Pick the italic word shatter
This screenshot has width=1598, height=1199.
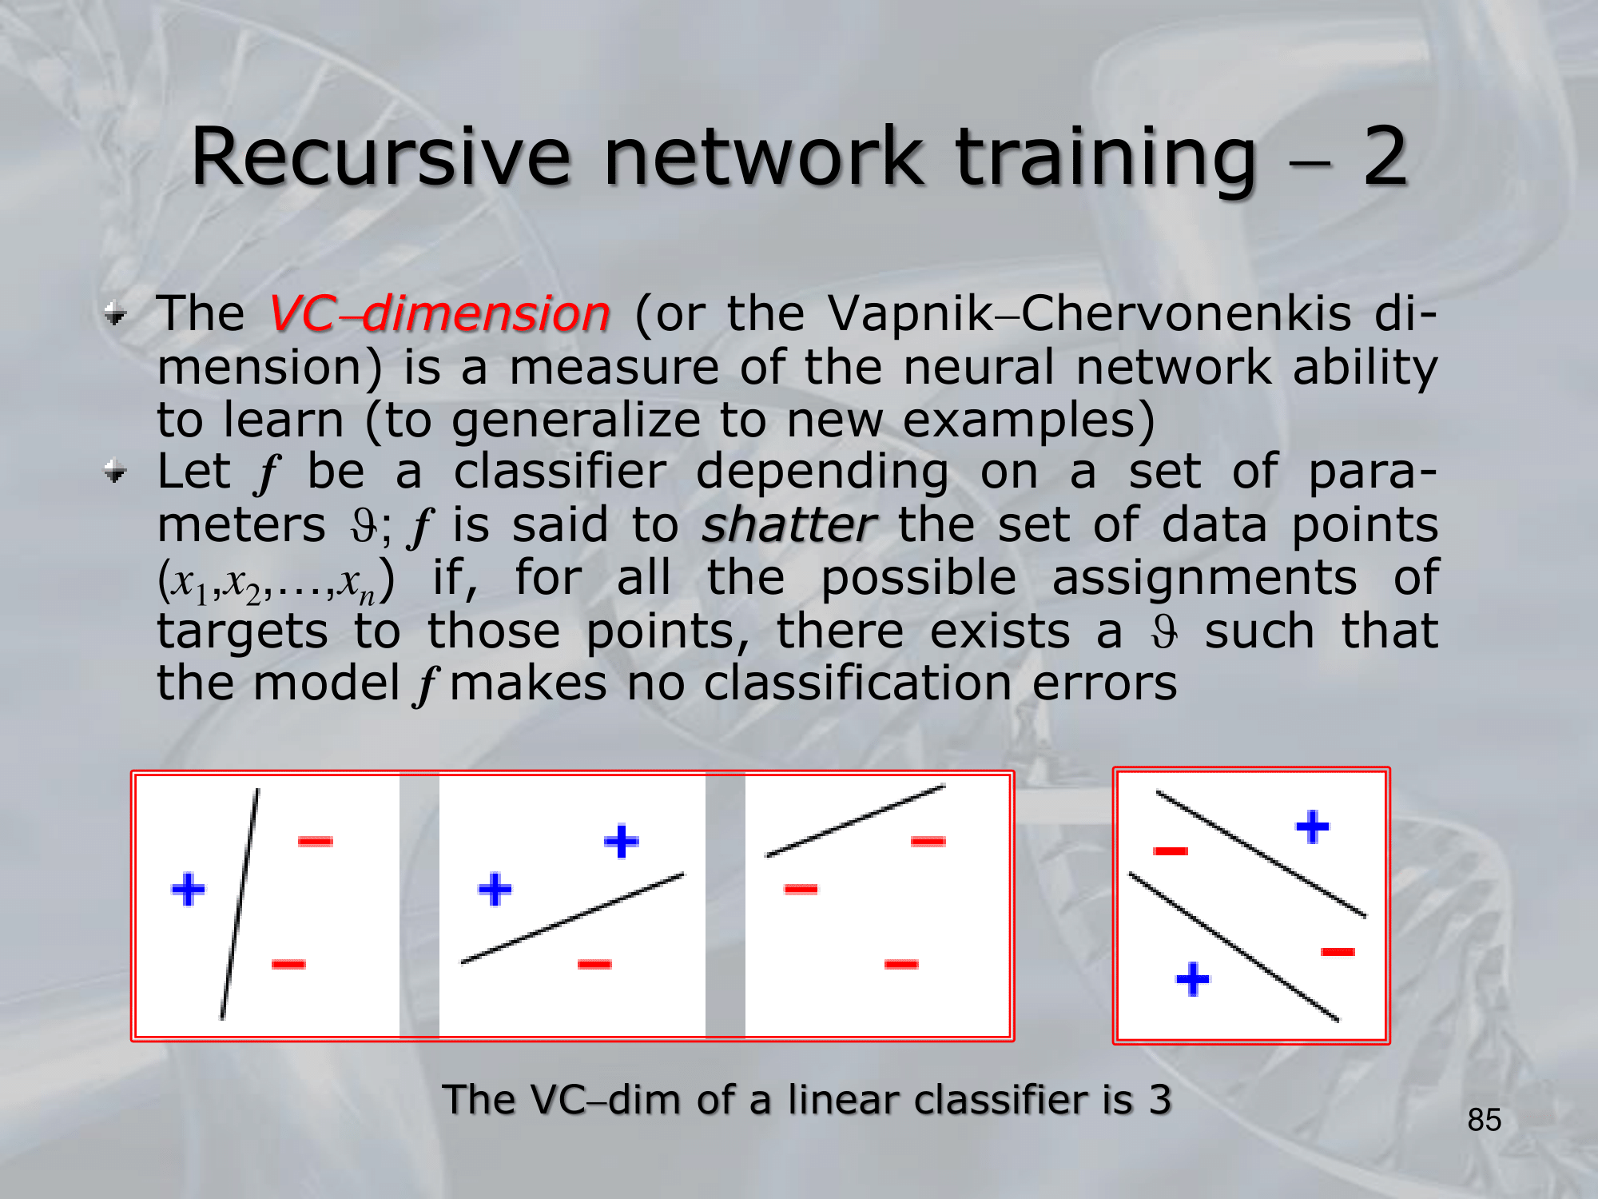tap(789, 525)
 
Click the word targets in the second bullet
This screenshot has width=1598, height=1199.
tap(242, 632)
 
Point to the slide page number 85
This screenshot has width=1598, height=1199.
tap(1485, 1120)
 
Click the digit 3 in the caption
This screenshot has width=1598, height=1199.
tap(1160, 1100)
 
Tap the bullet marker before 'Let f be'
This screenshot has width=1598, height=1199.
tap(115, 472)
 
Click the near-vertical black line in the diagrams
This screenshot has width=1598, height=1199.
tap(240, 904)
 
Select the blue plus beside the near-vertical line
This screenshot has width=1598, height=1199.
tap(189, 890)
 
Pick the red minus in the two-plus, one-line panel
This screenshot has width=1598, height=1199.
tap(594, 964)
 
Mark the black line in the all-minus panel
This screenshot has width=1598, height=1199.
tap(856, 821)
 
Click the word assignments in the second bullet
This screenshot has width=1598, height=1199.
tap(1204, 579)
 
